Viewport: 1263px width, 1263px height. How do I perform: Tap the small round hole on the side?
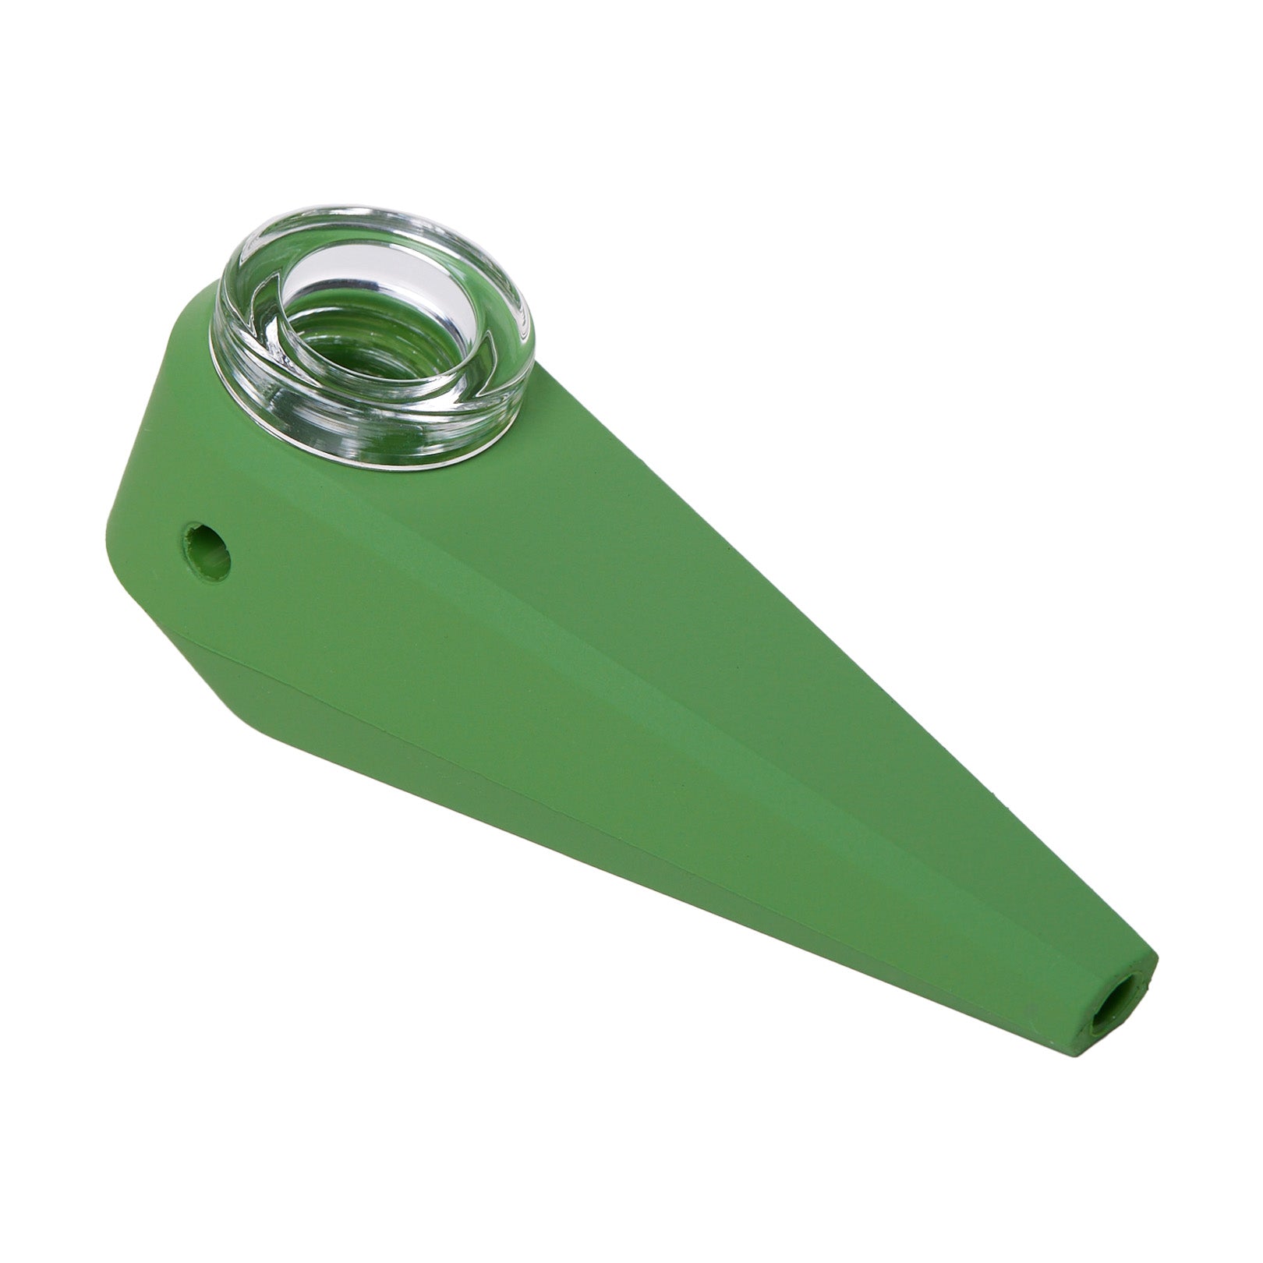(208, 550)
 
